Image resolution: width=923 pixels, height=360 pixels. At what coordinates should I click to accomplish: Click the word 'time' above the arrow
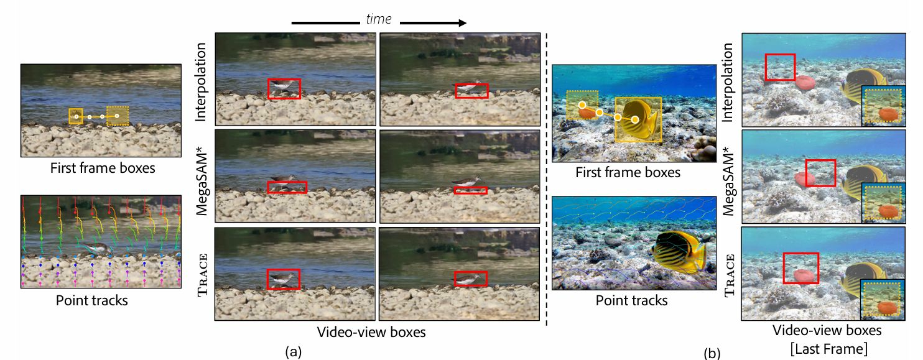(x=379, y=19)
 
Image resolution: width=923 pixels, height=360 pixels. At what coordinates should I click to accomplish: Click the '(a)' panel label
(x=294, y=352)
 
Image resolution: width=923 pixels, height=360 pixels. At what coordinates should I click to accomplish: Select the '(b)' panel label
(x=712, y=354)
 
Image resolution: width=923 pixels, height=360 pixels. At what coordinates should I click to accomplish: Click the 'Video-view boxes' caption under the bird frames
(x=371, y=332)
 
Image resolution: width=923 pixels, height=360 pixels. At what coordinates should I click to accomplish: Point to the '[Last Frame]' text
(x=827, y=348)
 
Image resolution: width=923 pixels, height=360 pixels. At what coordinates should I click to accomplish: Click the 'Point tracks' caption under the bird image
(x=92, y=300)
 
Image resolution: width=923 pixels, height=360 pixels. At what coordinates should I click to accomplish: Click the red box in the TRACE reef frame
(x=800, y=268)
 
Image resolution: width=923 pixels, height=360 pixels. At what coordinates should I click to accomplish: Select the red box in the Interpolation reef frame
(x=780, y=67)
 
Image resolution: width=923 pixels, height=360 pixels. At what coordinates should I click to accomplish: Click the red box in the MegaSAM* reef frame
(x=820, y=172)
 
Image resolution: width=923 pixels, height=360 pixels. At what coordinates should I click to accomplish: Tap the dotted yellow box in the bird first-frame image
(x=118, y=115)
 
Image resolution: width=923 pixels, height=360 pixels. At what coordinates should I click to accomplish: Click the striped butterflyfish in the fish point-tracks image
(x=677, y=255)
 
